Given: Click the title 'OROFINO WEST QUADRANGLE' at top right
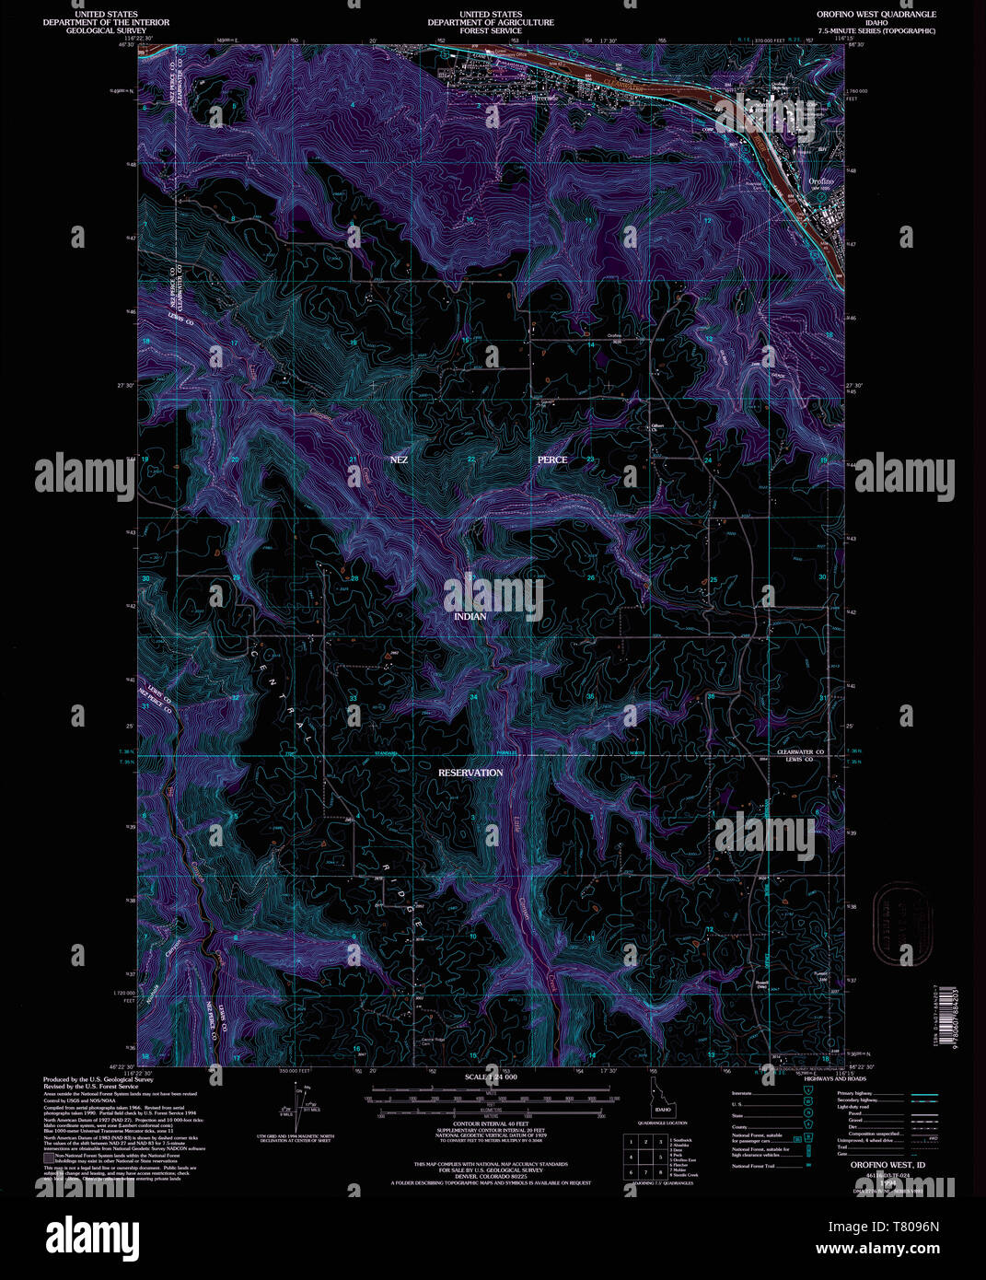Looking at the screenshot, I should point(876,15).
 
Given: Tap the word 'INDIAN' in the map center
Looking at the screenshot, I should point(470,616).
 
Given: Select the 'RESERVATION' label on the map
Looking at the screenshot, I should point(470,773).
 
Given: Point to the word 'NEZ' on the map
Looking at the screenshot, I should point(399,459).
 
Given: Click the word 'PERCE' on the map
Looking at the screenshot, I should point(552,459).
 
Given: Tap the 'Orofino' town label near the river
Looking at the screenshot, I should point(820,181).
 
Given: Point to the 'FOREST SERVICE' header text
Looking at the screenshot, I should point(492,30).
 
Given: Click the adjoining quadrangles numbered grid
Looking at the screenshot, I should point(660,1157).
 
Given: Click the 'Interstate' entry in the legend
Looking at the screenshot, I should point(741,1094).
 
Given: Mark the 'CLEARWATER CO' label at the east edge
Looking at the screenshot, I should point(799,751).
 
